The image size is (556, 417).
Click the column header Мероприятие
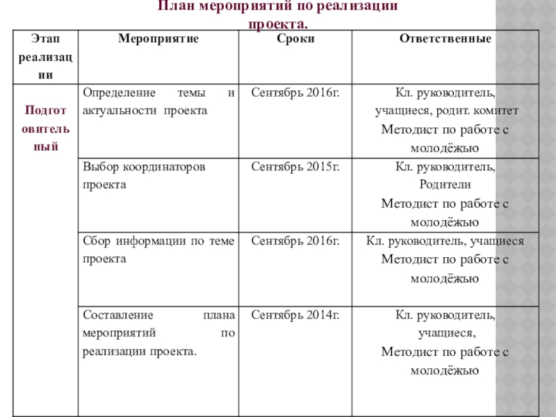[158, 39]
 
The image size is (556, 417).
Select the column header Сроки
[295, 39]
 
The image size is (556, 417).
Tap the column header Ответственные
[445, 39]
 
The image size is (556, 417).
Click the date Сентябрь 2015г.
[295, 167]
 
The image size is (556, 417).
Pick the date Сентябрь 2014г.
[295, 316]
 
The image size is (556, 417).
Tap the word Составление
[117, 316]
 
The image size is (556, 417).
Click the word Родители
[445, 185]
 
